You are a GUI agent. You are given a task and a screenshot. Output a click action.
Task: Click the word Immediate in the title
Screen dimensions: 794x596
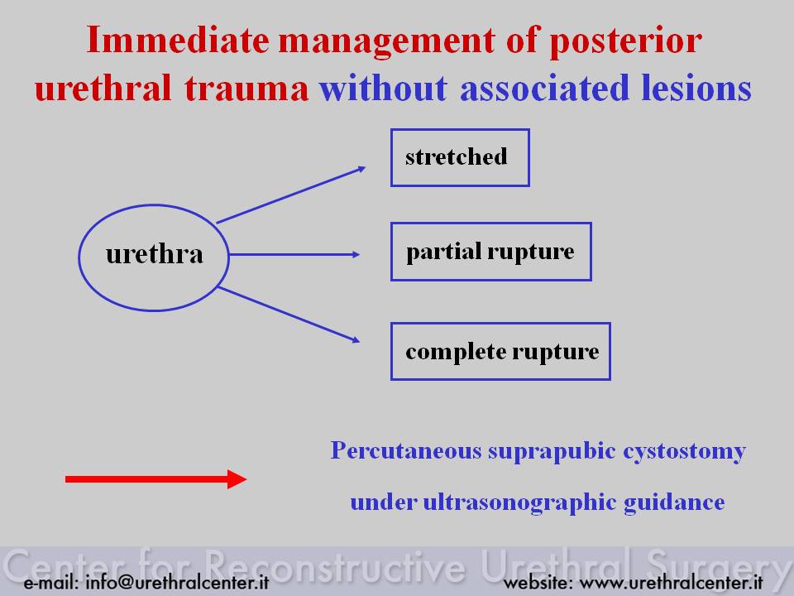[178, 40]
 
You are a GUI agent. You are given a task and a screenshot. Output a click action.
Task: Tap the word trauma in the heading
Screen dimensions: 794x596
[246, 89]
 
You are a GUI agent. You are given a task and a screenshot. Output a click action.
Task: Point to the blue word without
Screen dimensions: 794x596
[383, 88]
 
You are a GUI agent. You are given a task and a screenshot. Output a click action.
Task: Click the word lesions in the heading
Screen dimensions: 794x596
[696, 88]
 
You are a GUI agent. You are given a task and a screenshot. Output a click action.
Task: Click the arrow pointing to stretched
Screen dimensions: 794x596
[291, 195]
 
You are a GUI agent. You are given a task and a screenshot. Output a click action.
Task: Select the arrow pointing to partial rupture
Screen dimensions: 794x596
[294, 254]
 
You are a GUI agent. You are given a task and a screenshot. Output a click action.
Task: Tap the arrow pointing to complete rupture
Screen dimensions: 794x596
[289, 315]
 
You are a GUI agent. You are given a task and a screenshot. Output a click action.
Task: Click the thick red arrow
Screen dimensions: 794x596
[156, 479]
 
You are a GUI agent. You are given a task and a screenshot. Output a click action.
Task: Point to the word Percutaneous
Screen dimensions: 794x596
[406, 450]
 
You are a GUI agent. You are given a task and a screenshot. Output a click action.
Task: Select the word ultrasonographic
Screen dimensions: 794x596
[519, 502]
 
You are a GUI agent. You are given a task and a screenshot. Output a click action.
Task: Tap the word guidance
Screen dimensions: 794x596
[674, 502]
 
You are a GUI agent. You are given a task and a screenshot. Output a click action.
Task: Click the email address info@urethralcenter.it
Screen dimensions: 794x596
[177, 582]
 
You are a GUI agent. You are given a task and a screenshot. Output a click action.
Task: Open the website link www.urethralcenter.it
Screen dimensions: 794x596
[671, 582]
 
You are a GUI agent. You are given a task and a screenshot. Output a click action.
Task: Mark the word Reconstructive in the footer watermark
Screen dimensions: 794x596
[334, 566]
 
